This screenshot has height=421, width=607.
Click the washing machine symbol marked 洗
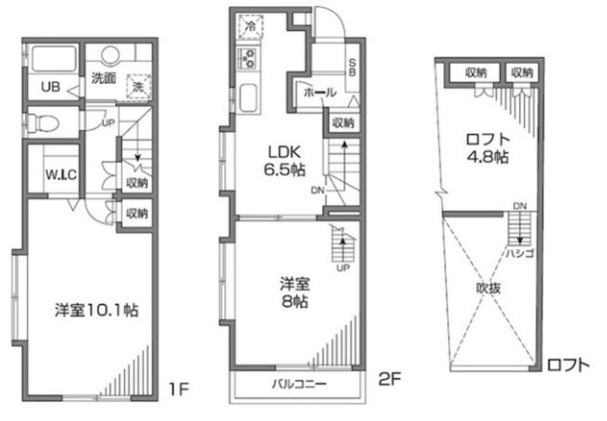point(137,86)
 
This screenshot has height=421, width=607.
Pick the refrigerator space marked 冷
point(250,25)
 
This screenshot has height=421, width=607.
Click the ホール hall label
point(319,93)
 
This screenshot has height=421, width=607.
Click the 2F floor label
point(389,375)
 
